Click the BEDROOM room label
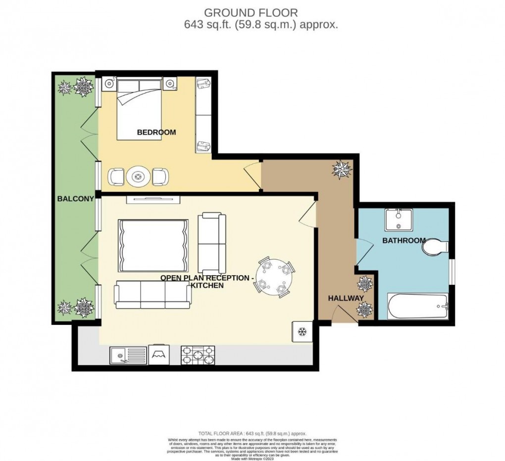[156, 132]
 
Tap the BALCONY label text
[75, 199]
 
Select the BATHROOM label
[404, 241]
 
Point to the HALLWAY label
[346, 298]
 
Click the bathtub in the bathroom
[417, 307]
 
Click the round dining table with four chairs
[275, 277]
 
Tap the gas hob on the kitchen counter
[199, 355]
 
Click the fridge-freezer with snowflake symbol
[302, 331]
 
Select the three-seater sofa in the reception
[152, 294]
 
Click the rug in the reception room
[153, 246]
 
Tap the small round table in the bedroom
[137, 176]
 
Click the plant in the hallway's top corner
[342, 170]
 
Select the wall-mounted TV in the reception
[153, 199]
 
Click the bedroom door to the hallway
[254, 175]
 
